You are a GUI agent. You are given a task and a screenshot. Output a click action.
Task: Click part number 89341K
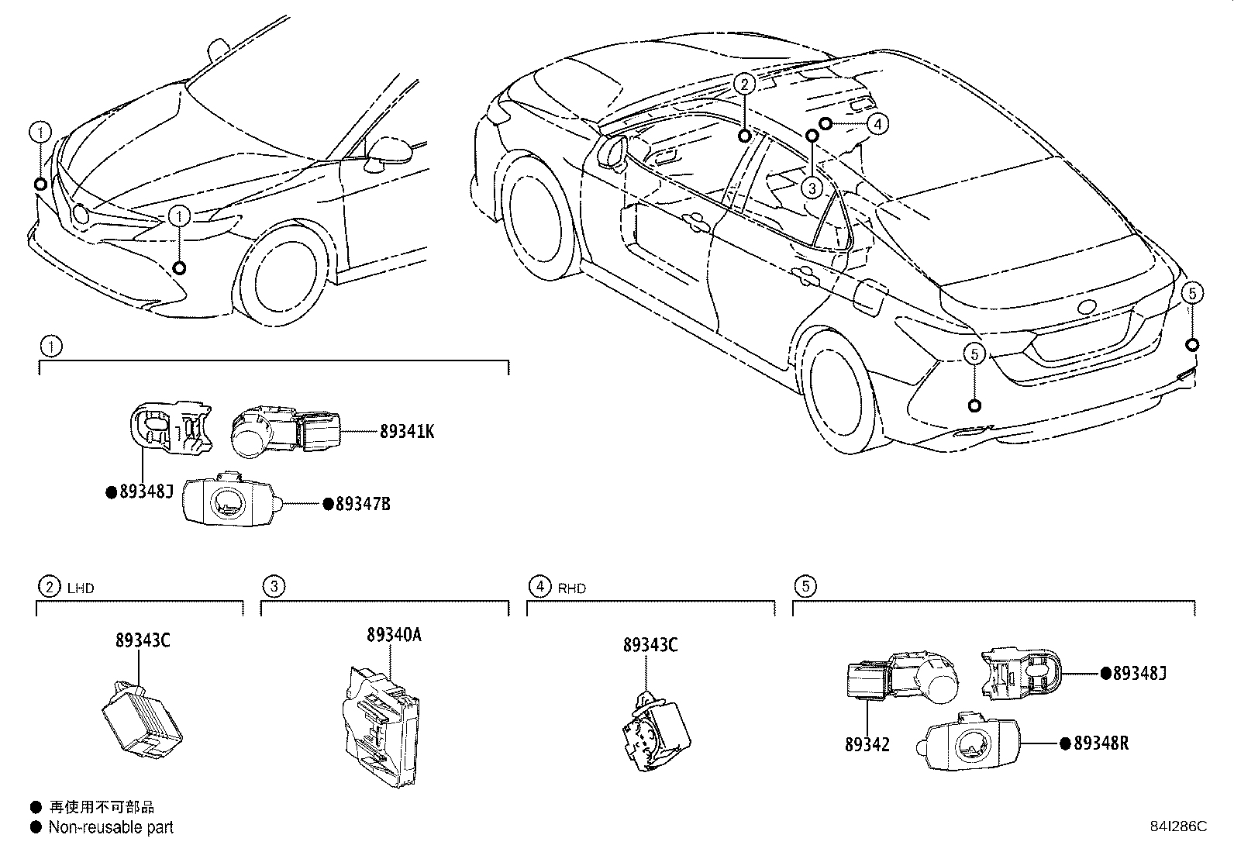[x=406, y=432]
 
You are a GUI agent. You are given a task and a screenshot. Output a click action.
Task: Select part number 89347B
[x=362, y=505]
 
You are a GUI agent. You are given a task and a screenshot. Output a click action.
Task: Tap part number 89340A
[x=394, y=635]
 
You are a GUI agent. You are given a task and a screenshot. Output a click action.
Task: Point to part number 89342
[x=867, y=745]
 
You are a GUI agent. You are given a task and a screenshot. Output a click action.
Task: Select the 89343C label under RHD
[x=650, y=645]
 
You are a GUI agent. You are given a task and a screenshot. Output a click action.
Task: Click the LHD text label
[x=81, y=588]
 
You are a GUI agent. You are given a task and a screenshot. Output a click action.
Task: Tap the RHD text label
[x=571, y=588]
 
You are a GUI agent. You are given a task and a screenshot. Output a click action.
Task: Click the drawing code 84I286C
[x=1178, y=826]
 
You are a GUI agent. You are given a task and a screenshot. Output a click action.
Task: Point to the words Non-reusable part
[x=111, y=828]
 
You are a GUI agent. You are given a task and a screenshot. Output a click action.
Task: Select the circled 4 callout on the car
[x=877, y=123]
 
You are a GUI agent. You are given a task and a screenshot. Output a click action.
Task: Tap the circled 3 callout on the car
[x=812, y=187]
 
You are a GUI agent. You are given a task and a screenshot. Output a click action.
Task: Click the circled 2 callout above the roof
[x=743, y=85]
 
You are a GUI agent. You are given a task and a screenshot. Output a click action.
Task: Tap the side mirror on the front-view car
[x=388, y=151]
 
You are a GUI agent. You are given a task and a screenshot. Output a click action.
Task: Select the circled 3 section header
[x=273, y=587]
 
